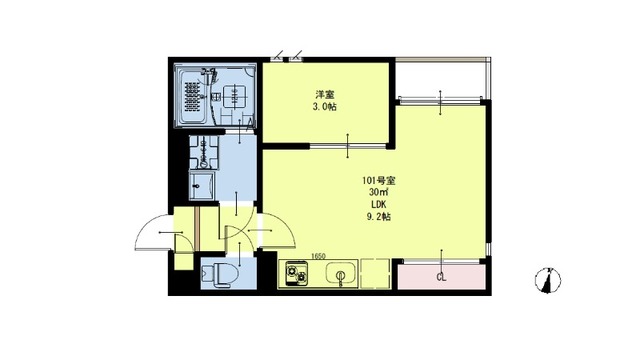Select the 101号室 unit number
(379, 180)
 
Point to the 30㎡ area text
(378, 192)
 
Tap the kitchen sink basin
(339, 274)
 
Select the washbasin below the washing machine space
(202, 184)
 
